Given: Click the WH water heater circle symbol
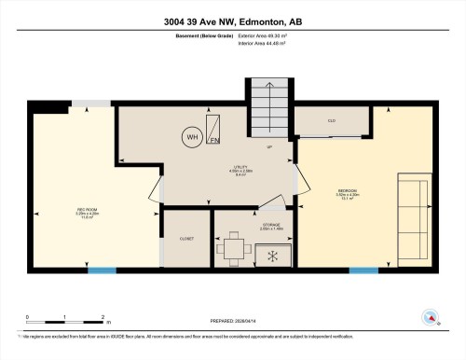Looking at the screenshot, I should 192,138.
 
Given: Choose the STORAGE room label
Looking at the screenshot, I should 271,225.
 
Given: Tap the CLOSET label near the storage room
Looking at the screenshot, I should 186,239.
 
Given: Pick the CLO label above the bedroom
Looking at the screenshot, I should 331,121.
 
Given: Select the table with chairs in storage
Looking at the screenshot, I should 233,249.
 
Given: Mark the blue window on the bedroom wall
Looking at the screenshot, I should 363,270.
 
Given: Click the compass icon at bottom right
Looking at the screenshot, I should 430,317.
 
